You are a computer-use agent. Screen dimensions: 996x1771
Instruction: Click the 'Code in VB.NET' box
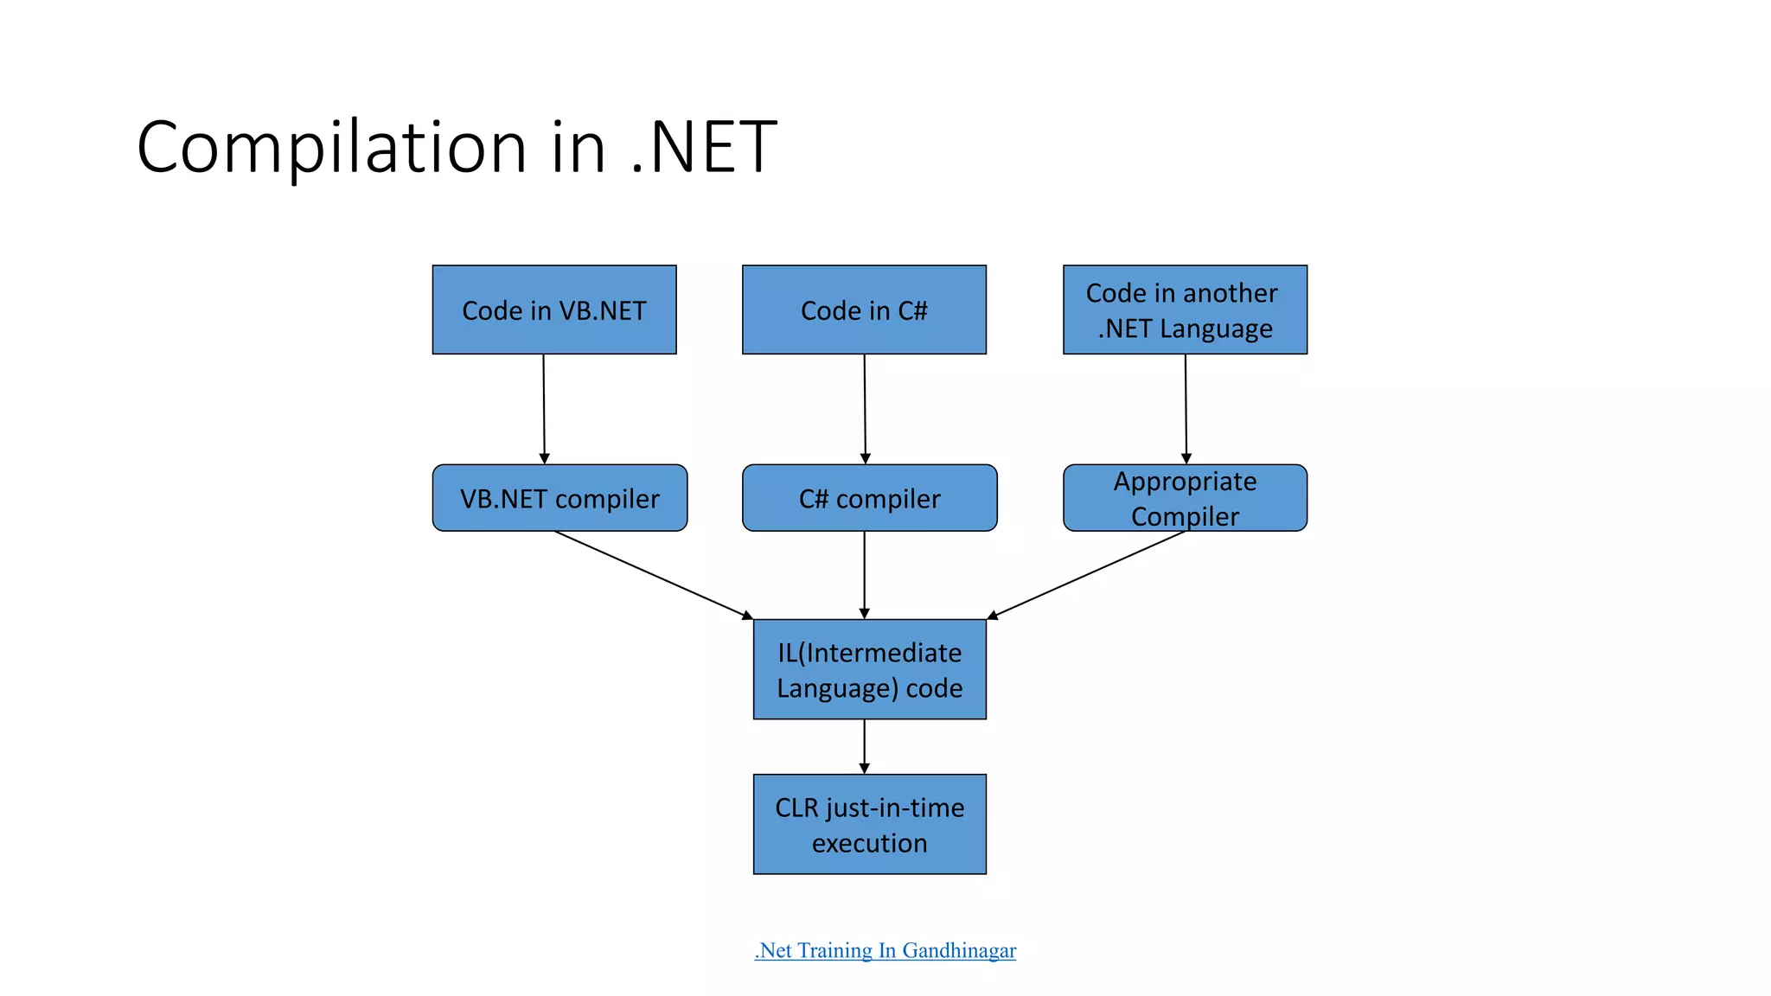[554, 310]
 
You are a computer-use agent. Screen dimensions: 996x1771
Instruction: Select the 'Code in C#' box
[864, 310]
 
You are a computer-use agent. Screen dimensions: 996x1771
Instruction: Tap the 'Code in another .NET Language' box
[1185, 310]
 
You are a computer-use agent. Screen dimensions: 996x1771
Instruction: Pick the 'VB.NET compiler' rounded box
[559, 498]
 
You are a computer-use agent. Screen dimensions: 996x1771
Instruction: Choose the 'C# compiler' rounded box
[869, 498]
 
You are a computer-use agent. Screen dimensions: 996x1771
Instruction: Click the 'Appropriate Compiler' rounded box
[1185, 498]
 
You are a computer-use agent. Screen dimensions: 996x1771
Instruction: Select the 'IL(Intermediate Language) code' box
[869, 669]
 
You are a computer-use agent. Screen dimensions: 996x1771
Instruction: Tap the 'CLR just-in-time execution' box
[869, 824]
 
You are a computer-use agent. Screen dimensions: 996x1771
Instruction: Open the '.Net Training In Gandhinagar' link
[885, 950]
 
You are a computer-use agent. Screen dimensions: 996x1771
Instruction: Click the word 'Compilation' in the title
[331, 147]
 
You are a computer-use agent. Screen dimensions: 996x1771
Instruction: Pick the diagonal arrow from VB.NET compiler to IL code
[654, 575]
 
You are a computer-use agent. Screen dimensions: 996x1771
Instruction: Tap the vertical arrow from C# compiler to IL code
[864, 575]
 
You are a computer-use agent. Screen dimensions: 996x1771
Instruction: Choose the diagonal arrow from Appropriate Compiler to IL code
[1086, 575]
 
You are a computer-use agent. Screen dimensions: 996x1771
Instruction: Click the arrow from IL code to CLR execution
[864, 746]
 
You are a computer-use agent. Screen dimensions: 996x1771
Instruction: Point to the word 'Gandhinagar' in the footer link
[959, 950]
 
